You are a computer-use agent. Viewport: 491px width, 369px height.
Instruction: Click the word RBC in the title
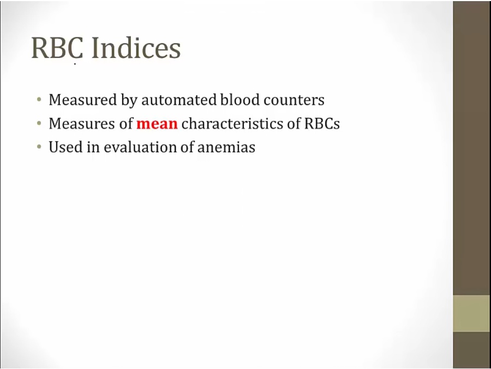pos(57,48)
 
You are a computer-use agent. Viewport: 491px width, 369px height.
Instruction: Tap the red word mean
pos(157,124)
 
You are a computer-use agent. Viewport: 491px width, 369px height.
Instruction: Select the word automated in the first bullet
pos(178,100)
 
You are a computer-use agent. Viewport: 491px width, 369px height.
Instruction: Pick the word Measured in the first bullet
pos(83,100)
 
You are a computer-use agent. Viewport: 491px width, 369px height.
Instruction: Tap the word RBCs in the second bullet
pos(322,124)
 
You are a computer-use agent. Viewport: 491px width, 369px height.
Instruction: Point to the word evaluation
pos(140,147)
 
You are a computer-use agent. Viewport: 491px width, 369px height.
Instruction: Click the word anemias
pos(226,148)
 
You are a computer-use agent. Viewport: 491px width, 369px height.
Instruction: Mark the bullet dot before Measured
pos(39,100)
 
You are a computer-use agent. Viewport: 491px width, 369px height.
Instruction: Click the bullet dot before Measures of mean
pos(39,124)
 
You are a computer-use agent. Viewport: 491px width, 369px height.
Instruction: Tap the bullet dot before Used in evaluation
pos(39,147)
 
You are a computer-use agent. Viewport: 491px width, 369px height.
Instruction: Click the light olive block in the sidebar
pos(472,313)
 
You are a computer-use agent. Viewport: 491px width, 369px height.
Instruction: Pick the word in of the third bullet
pos(93,147)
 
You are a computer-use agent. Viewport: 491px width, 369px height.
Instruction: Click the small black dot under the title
pos(75,64)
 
